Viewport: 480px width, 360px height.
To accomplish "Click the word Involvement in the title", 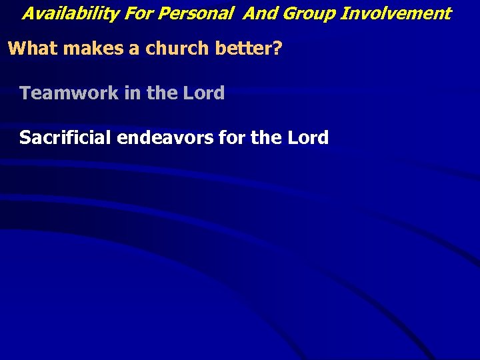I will (x=397, y=13).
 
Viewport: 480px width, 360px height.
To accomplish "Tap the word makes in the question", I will (x=84, y=49).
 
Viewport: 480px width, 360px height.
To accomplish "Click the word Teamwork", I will (x=69, y=93).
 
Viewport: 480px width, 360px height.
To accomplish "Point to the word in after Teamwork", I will (x=133, y=93).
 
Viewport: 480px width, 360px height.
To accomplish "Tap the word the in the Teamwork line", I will (x=162, y=93).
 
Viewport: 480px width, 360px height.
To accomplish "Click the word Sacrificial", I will (x=67, y=138).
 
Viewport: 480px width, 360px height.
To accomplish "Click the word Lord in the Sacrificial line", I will (x=308, y=138).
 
